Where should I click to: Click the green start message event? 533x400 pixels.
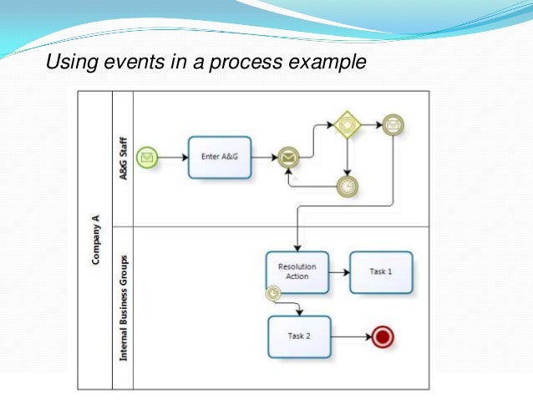coord(147,156)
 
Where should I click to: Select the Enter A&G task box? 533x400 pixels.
coord(220,157)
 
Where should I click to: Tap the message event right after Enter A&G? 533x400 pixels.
coord(288,157)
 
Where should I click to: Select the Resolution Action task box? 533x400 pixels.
coord(297,271)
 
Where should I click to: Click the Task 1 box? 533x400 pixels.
coord(381,271)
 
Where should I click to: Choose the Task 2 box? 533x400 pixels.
coord(299,337)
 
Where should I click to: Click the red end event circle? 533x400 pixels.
coord(383,337)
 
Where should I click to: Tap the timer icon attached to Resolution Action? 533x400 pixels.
coord(272,293)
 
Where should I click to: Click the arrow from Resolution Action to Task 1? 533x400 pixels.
coord(339,271)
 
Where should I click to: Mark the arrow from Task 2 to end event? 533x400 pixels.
coord(351,337)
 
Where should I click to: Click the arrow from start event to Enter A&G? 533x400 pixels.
coord(173,156)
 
